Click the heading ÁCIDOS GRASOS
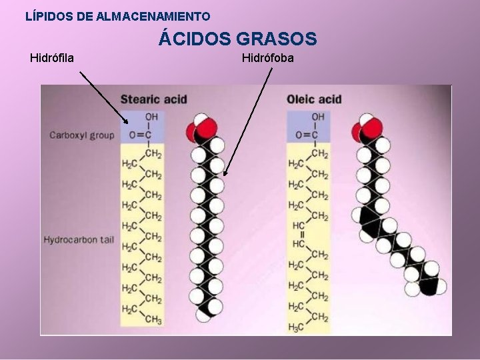point(237,39)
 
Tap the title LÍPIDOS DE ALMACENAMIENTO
point(117,15)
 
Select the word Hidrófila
point(52,58)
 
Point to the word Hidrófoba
point(267,58)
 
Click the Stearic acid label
point(153,99)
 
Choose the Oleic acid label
point(314,99)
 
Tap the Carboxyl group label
point(82,135)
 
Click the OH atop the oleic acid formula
point(318,117)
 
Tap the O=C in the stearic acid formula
point(140,135)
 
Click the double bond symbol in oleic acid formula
point(301,235)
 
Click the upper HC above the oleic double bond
point(298,226)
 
